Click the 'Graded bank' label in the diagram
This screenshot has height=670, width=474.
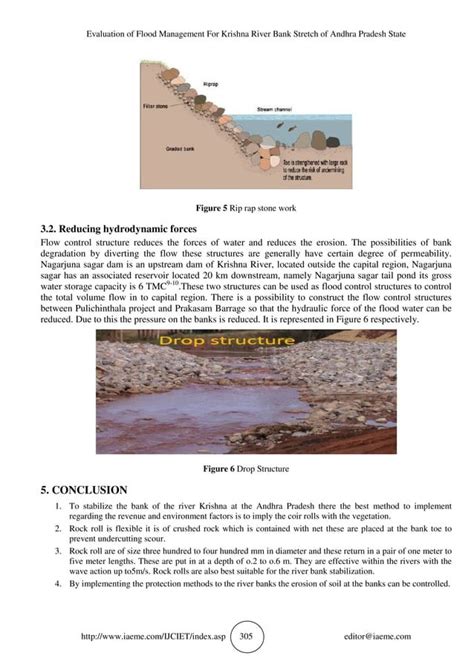point(180,148)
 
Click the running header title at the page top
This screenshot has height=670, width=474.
point(237,31)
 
